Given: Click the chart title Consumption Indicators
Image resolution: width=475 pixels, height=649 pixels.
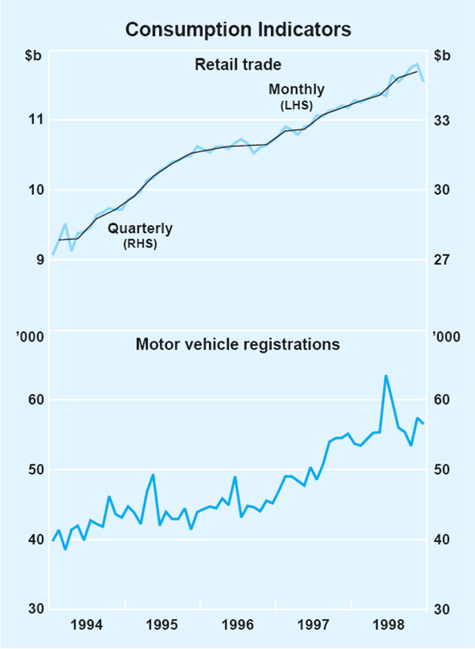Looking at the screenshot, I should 237,30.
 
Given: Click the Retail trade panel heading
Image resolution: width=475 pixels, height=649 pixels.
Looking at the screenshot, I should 238,63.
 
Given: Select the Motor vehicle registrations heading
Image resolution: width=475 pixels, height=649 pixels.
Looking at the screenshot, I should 238,345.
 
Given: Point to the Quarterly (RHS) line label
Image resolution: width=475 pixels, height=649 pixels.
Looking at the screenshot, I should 140,235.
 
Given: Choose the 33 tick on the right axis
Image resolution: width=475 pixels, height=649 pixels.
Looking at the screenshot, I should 442,120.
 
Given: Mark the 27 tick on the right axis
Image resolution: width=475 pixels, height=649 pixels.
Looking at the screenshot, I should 442,259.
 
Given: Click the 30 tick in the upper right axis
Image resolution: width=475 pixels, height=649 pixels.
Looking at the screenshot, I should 442,189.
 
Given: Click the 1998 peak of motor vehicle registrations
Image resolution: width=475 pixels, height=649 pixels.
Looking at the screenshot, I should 386,376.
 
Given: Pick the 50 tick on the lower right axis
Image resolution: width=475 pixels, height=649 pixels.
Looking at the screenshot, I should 442,470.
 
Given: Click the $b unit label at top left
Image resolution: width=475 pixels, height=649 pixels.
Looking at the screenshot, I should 34,55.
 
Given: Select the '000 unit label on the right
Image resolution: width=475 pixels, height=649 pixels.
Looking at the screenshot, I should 444,339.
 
